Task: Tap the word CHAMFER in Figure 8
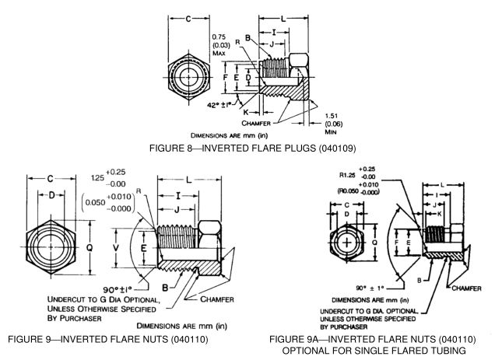[x=262, y=122]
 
